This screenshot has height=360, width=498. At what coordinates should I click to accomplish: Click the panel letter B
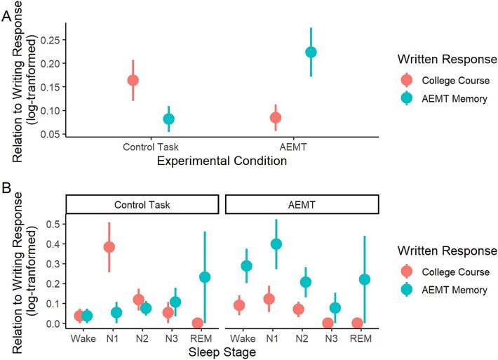(7, 189)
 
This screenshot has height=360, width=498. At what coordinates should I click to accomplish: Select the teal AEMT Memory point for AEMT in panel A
(311, 53)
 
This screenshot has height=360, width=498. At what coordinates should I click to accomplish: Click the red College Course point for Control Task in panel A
(133, 80)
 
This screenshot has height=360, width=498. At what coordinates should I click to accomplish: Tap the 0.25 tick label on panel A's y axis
(50, 40)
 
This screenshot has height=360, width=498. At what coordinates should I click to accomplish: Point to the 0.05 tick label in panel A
(50, 134)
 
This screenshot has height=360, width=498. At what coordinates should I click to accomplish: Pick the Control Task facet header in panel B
(141, 204)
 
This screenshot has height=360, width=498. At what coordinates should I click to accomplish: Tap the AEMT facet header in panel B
(302, 204)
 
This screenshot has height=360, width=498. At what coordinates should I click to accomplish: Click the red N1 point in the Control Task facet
(109, 247)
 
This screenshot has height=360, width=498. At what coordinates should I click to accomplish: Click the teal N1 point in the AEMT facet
(276, 244)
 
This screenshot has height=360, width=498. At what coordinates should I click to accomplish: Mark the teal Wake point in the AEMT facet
(246, 266)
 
